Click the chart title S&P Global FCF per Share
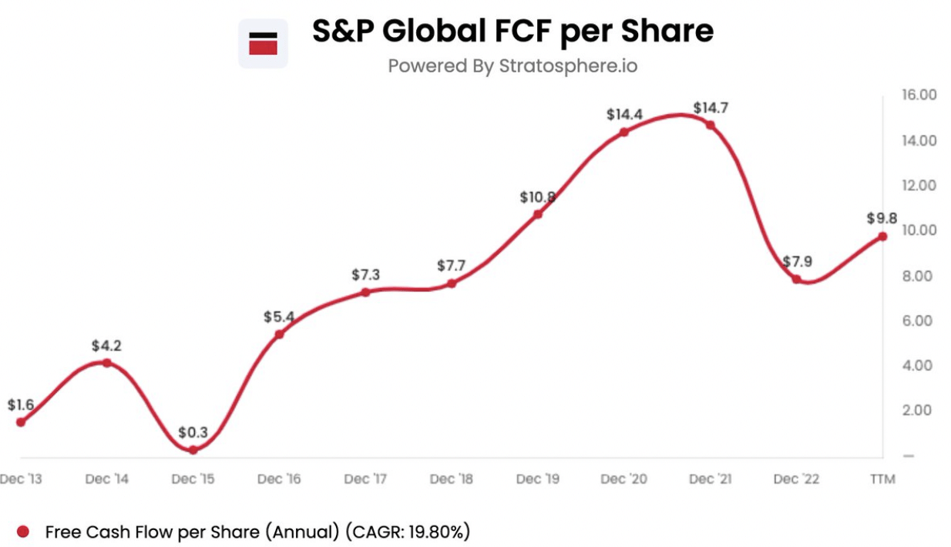(x=512, y=31)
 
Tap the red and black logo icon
(x=263, y=44)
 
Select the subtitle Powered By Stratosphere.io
(x=512, y=65)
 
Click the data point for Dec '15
(x=193, y=450)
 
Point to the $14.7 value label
(x=710, y=108)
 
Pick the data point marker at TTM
(x=882, y=237)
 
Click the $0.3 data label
(x=193, y=432)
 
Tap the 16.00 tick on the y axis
(x=918, y=95)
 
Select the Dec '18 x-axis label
(x=451, y=479)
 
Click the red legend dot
(x=23, y=531)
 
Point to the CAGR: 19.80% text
(x=408, y=531)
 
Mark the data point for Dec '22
(x=796, y=279)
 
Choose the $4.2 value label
(x=106, y=346)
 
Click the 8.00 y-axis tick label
(x=918, y=275)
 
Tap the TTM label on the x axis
(x=882, y=479)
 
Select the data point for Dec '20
(x=623, y=132)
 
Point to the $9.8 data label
(x=882, y=219)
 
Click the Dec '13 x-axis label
(x=22, y=479)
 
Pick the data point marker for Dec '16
(x=279, y=334)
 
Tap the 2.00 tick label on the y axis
(x=918, y=410)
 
